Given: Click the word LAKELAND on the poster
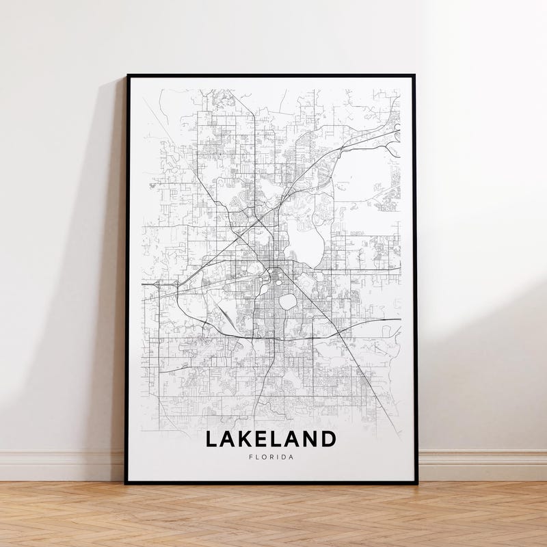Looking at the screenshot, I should (271, 438).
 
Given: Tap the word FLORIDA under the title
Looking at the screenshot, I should (271, 457).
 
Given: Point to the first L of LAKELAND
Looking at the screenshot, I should (211, 438).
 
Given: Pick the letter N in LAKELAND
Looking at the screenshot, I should (310, 438).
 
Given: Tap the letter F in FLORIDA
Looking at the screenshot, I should (251, 457).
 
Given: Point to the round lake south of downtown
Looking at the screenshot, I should (288, 301).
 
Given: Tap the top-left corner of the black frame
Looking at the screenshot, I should (127, 76).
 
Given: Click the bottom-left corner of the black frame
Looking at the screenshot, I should (126, 483).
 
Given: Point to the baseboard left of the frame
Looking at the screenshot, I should (62, 465).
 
